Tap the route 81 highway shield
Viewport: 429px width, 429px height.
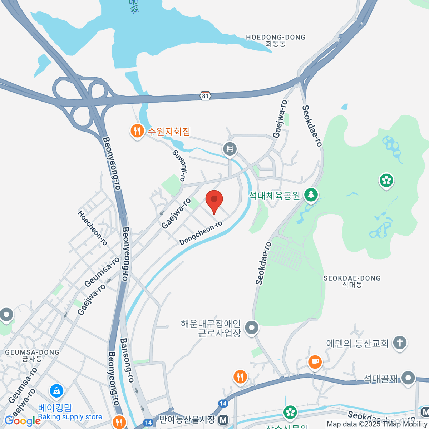point(205,96)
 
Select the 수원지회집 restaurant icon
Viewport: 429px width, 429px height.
point(137,131)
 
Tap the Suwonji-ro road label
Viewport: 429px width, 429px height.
point(181,165)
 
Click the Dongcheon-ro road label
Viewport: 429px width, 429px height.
point(201,233)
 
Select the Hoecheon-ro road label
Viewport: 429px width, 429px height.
point(92,228)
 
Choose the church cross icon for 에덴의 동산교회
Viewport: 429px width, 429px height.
point(400,342)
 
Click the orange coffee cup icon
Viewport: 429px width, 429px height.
point(315,361)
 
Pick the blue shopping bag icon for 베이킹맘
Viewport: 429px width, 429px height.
point(56,391)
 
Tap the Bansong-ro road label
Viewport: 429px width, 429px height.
point(127,360)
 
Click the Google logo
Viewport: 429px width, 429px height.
point(22,421)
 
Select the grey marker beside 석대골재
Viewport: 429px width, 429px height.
point(408,378)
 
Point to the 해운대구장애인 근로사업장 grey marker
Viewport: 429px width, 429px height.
point(252,327)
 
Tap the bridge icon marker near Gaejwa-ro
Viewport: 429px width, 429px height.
point(230,149)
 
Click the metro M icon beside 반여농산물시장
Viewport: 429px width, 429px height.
point(223,420)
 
